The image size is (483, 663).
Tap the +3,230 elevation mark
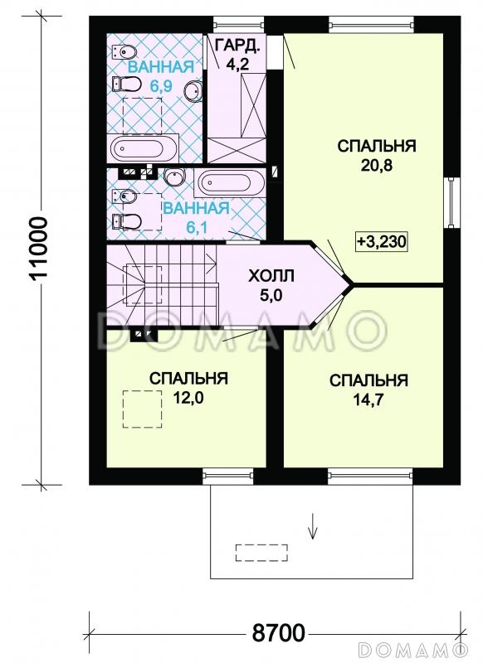[381, 241]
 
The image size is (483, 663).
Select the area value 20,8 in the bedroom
[376, 166]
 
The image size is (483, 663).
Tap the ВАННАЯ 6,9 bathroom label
[159, 75]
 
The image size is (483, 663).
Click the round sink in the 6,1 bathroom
[174, 177]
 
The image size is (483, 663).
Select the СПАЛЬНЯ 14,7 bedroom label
[368, 390]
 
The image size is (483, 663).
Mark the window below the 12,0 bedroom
[227, 476]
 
